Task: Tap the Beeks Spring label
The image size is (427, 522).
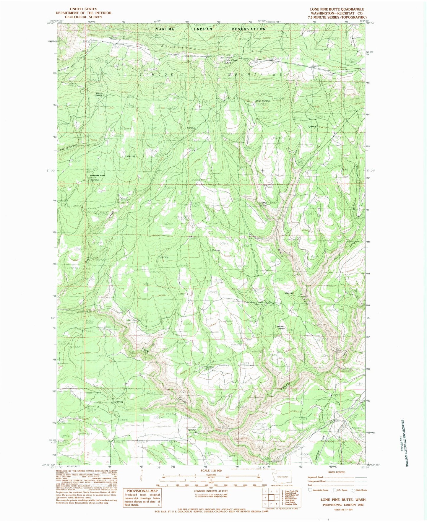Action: [98, 95]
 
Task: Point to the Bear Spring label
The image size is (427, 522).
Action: [262, 101]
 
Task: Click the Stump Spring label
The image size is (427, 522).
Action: [263, 204]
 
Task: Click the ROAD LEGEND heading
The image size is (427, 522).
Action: [336, 472]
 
